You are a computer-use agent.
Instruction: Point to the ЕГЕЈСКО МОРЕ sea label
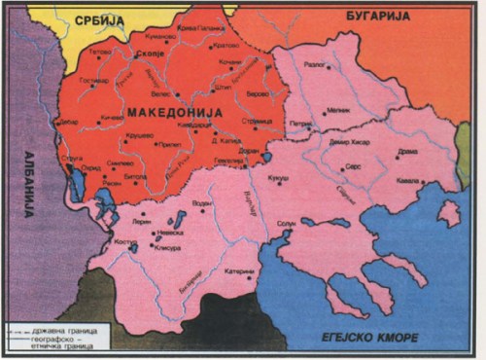coord(369,338)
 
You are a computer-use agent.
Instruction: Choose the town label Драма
coord(409,152)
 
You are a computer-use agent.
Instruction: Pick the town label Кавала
coord(408,182)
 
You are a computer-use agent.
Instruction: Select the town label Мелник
coord(339,111)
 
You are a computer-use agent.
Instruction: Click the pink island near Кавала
coord(448,212)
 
